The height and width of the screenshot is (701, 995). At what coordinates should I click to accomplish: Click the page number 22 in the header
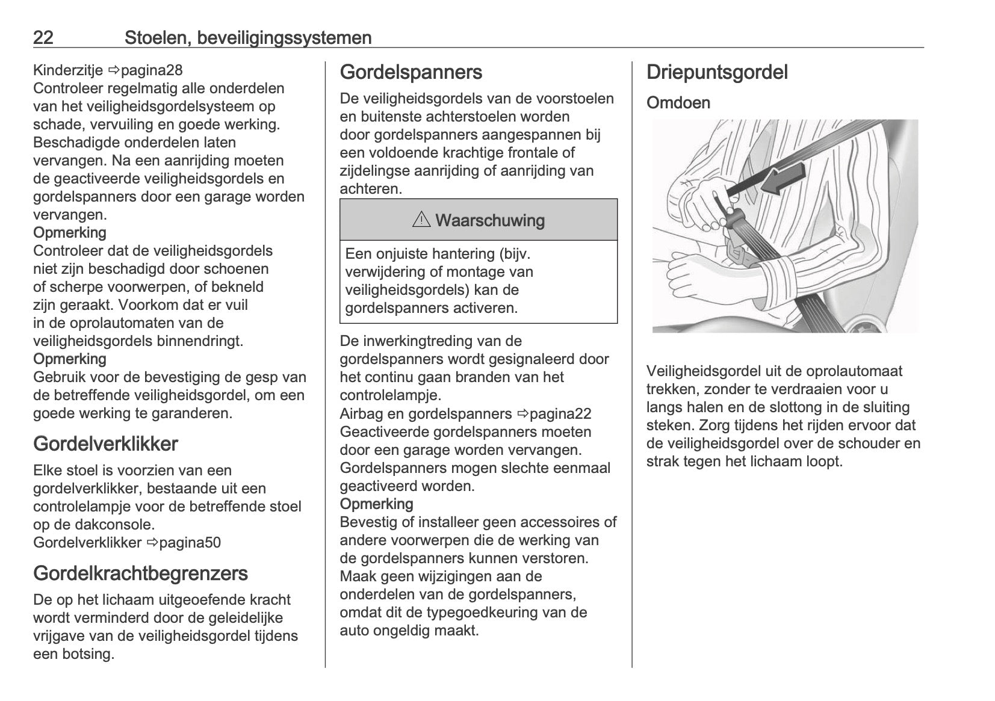[x=43, y=38]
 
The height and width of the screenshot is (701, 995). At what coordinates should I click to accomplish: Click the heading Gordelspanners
[x=411, y=72]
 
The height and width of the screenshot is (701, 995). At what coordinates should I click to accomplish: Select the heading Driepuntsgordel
[x=717, y=72]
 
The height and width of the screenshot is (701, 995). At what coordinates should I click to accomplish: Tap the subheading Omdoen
[x=678, y=103]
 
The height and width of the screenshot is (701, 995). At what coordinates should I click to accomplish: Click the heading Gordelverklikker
[x=105, y=444]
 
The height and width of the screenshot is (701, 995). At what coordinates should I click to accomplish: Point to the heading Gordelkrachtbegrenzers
[x=140, y=573]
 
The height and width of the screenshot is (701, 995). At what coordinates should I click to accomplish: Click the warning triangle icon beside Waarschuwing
[x=421, y=220]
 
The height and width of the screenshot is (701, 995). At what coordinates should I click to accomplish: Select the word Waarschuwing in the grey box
[x=489, y=221]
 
